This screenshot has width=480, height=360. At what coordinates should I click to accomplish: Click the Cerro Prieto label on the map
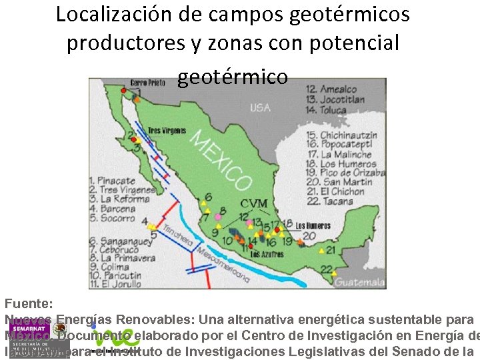[147, 83]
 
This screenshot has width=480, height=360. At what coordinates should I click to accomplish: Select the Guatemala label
[359, 283]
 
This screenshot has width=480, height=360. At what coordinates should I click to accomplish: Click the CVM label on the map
[253, 203]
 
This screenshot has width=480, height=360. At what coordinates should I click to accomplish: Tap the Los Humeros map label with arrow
[313, 226]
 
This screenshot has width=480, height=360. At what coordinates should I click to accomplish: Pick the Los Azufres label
[267, 254]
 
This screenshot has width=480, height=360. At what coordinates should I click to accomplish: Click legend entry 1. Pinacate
[115, 180]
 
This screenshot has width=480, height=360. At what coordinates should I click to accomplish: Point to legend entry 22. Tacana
[331, 201]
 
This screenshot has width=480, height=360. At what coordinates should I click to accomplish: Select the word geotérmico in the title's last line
[233, 77]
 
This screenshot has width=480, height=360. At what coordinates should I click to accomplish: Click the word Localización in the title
[109, 14]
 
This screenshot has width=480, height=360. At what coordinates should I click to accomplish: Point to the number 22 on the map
[327, 269]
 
